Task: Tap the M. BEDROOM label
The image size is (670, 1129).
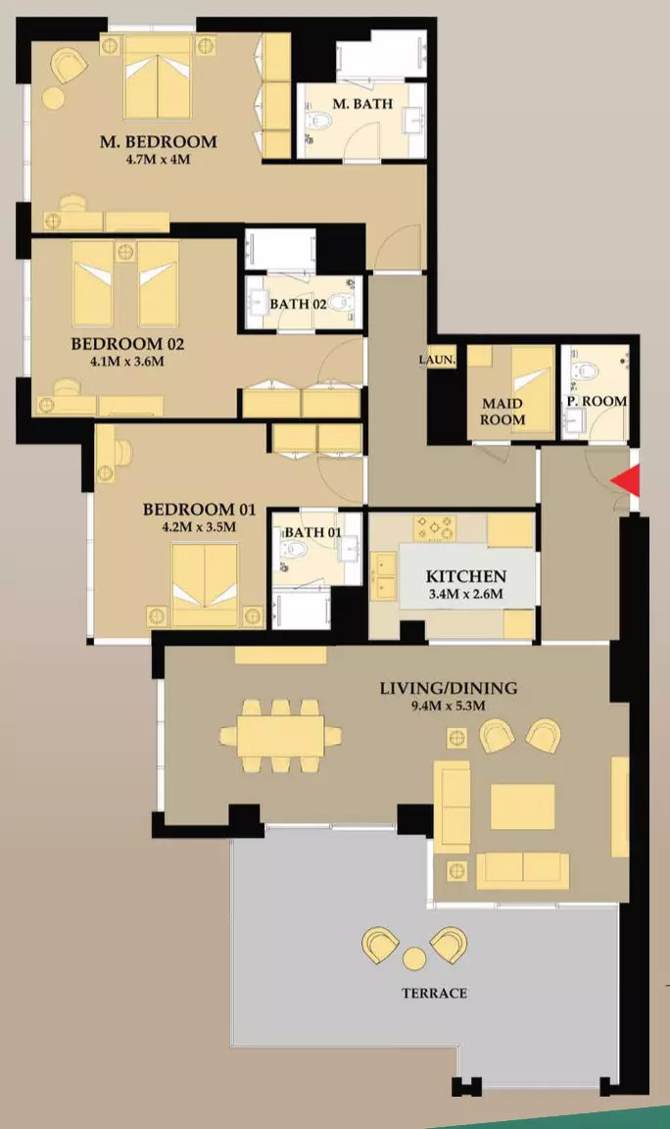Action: click(159, 141)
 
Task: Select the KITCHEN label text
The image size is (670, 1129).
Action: click(466, 576)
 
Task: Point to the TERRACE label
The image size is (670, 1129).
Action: click(434, 993)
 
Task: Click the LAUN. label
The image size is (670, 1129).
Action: click(438, 360)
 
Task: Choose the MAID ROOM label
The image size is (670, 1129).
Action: click(502, 412)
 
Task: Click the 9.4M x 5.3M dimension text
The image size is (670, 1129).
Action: click(448, 706)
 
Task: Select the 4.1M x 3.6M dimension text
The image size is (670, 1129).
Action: click(127, 361)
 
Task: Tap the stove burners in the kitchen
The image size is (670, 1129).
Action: click(435, 528)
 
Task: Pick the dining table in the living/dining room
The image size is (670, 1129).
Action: click(280, 735)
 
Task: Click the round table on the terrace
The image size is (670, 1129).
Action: click(414, 958)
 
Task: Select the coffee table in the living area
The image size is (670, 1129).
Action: click(523, 807)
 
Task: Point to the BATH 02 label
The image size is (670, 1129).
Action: click(298, 304)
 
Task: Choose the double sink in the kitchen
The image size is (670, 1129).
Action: click(384, 575)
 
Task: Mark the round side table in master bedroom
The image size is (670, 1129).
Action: click(53, 97)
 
